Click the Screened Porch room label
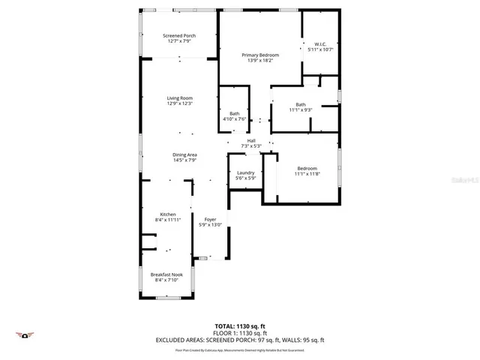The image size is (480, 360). (180, 36)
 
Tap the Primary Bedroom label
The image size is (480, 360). (260, 55)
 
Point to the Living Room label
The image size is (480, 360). (180, 98)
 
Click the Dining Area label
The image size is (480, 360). (184, 154)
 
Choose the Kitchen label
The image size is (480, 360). (168, 214)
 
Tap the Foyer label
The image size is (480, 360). (211, 219)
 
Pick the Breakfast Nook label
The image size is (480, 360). (166, 274)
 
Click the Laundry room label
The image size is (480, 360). (246, 172)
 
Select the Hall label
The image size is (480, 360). (251, 140)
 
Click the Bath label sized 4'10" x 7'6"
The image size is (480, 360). (235, 113)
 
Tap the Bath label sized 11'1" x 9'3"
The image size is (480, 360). (301, 104)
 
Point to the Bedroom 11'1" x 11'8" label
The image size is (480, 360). (307, 168)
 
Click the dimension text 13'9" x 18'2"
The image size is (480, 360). (260, 60)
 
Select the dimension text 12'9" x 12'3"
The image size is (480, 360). (180, 103)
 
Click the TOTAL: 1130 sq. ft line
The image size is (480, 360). (240, 325)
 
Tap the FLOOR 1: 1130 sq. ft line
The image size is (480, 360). (240, 332)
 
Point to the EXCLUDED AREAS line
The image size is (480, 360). (240, 340)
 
